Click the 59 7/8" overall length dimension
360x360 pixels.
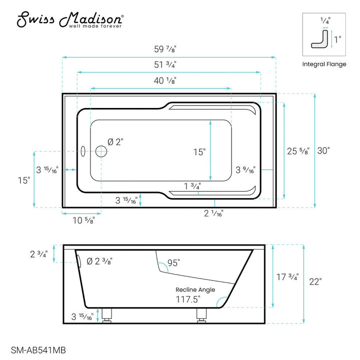click(x=168, y=49)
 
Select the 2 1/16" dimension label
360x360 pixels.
click(x=213, y=213)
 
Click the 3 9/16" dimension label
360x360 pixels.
click(x=245, y=170)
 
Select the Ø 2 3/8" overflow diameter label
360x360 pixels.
click(x=99, y=261)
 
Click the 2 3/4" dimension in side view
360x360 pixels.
click(x=39, y=254)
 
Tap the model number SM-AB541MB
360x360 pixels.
click(x=38, y=351)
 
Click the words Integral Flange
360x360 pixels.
click(x=324, y=64)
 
